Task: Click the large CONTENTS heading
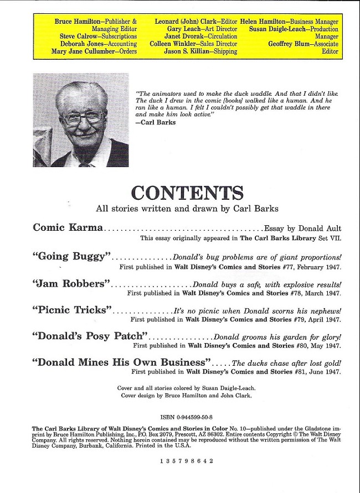(187, 193)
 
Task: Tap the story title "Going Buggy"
(73, 257)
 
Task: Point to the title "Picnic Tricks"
(73, 310)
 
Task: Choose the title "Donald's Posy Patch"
(91, 336)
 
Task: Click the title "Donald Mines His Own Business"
(122, 363)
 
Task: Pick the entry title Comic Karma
(68, 227)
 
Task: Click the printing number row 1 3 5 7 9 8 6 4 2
(187, 460)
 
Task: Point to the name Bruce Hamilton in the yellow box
(78, 22)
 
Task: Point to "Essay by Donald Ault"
(303, 228)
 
